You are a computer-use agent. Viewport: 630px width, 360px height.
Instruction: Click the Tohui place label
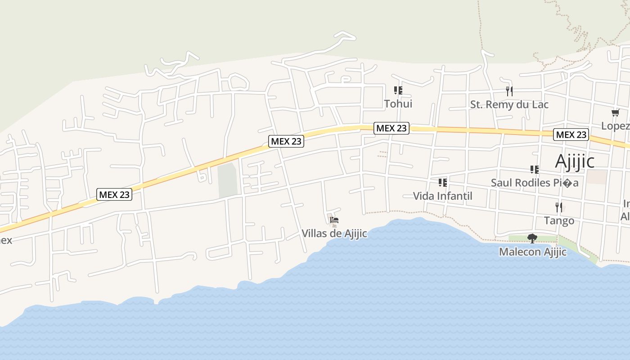(x=398, y=104)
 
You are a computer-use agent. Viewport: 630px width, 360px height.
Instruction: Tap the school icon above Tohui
(x=398, y=90)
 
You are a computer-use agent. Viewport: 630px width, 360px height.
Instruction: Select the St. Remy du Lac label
(x=509, y=104)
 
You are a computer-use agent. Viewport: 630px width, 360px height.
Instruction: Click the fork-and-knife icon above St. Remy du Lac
(x=509, y=91)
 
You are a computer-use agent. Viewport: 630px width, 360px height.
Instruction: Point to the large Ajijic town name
(x=581, y=161)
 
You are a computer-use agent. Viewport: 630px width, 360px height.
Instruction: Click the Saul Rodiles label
(x=535, y=183)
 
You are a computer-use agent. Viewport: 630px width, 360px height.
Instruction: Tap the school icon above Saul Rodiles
(x=535, y=170)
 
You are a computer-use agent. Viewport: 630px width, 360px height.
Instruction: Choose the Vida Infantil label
(x=443, y=196)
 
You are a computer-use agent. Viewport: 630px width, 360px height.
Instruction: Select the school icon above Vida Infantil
(x=443, y=182)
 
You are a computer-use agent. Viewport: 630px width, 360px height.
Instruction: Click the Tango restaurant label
(x=559, y=220)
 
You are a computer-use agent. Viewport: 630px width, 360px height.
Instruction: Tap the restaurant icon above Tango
(x=559, y=207)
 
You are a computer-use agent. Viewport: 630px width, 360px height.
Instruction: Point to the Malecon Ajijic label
(x=533, y=252)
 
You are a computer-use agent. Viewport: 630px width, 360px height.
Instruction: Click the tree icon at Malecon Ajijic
(x=532, y=238)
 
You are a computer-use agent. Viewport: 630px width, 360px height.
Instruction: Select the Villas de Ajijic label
(x=334, y=234)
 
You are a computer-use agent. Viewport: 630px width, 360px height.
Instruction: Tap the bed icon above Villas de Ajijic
(x=334, y=220)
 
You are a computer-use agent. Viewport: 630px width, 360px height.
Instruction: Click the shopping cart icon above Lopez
(x=615, y=112)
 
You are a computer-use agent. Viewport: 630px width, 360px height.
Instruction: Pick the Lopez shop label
(x=615, y=126)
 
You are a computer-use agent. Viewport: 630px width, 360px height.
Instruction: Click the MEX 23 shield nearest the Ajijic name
(x=571, y=135)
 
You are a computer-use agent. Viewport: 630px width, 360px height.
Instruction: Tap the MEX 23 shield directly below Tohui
(x=391, y=128)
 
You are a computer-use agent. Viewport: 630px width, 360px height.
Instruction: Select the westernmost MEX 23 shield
(x=114, y=194)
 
